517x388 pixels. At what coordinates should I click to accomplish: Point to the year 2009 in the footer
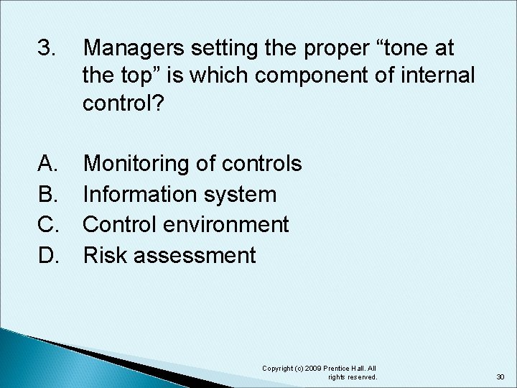tap(315, 369)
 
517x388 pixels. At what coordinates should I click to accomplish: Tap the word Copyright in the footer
tap(281, 369)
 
